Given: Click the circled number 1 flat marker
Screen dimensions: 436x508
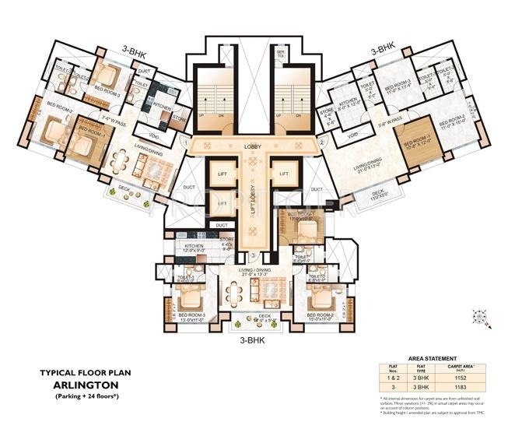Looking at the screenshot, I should tap(186, 142).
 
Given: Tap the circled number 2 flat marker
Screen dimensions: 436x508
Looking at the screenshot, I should tap(321, 142).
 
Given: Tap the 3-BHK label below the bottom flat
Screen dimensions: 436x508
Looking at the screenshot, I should tap(254, 339).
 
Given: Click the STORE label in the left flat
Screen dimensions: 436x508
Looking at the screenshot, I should tap(178, 119).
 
